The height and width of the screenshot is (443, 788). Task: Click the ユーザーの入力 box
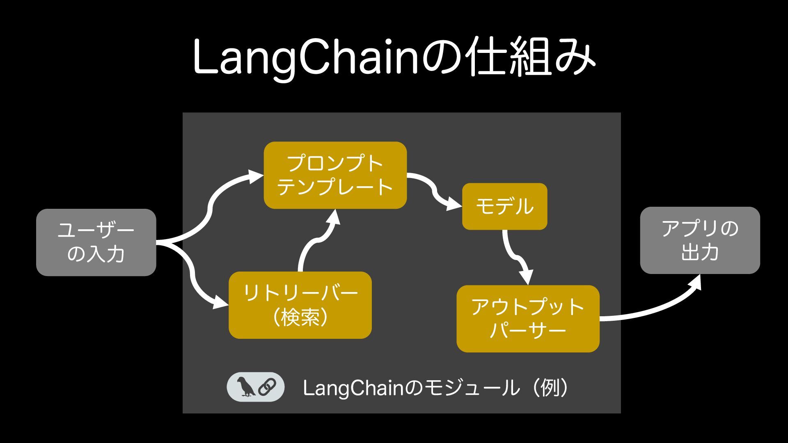[x=96, y=242]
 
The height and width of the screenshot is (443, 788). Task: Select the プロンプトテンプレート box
[x=335, y=175]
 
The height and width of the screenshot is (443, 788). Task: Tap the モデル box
[x=504, y=206]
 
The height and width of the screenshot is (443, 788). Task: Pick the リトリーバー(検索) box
[x=300, y=305]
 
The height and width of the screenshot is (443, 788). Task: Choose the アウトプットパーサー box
[x=528, y=318]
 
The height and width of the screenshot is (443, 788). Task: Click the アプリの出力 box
[x=700, y=240]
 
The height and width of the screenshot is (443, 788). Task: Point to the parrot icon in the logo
[x=246, y=386]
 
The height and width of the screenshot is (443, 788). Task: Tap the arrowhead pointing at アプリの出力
[x=694, y=283]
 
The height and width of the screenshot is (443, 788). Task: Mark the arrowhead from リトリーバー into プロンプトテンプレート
[x=333, y=218]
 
